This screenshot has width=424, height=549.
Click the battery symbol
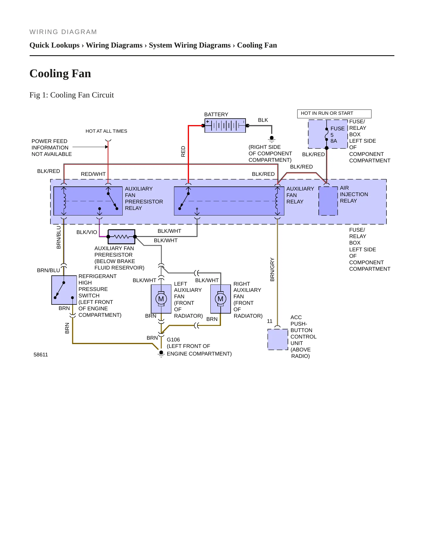[225, 126]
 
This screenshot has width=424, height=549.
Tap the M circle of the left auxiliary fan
[161, 299]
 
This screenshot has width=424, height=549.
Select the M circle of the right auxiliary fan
[221, 299]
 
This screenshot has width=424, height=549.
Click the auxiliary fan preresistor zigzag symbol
[121, 237]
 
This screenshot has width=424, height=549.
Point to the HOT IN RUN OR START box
[334, 114]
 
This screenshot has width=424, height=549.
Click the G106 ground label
[173, 340]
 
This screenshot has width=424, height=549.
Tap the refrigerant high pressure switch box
[64, 290]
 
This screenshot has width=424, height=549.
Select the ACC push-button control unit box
[278, 339]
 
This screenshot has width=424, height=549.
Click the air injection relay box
[328, 201]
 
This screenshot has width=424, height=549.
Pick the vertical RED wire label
[183, 151]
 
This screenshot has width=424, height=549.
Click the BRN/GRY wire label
[272, 270]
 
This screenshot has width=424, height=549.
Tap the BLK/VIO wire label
[87, 232]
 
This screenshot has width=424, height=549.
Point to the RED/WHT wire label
[93, 174]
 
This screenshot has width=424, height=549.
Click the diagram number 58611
[40, 355]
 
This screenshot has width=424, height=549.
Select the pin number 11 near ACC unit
[270, 321]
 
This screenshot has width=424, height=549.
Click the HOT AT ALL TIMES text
[106, 131]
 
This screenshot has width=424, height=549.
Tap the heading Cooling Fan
[60, 73]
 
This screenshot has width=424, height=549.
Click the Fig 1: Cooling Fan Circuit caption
[72, 95]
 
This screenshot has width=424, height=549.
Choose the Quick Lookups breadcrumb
[55, 45]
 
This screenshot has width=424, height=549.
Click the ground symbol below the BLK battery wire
[272, 139]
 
